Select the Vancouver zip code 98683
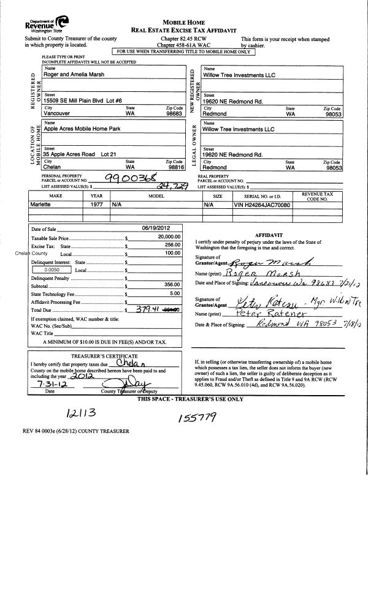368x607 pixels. [174, 114]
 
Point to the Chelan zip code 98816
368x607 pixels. [174, 167]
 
